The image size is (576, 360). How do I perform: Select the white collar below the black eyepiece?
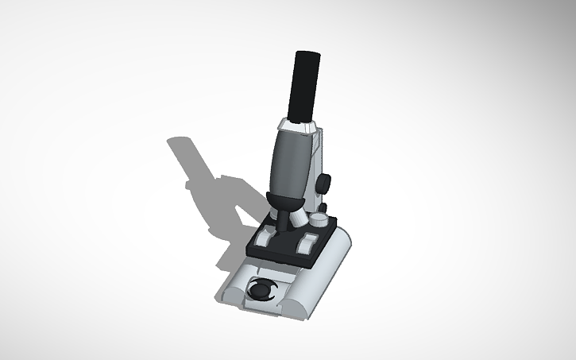click(x=296, y=126)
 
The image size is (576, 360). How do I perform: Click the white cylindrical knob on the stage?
click(x=318, y=219)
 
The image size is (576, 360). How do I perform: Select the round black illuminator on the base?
click(x=259, y=291)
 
